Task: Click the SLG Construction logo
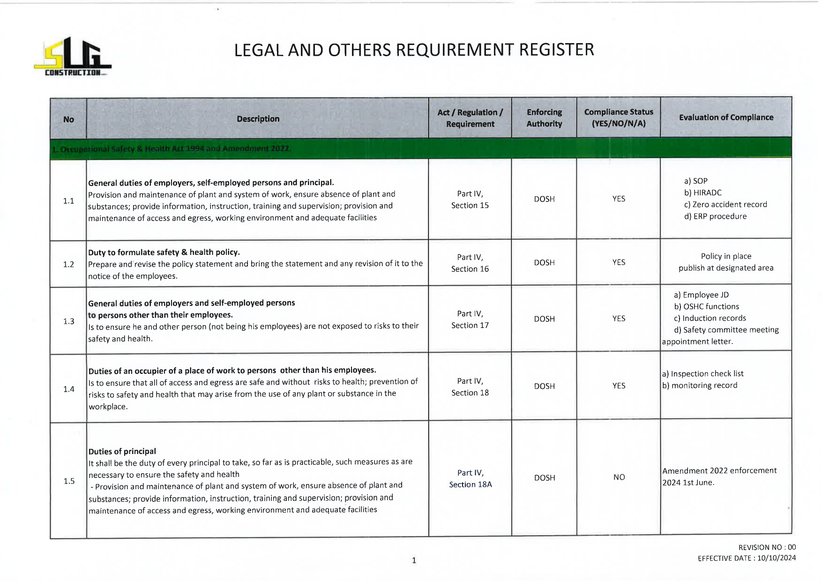click(x=73, y=57)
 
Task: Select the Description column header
click(x=258, y=119)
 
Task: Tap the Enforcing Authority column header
click(x=544, y=118)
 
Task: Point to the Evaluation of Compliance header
click(x=726, y=118)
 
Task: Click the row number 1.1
click(x=68, y=201)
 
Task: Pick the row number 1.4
click(x=69, y=389)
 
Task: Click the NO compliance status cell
click(x=619, y=477)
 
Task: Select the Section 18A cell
click(x=470, y=484)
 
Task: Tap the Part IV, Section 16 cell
click(x=470, y=263)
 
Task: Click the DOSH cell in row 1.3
click(x=544, y=319)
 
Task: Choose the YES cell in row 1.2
click(x=619, y=262)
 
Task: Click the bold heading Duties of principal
click(x=122, y=451)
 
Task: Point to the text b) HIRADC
click(x=702, y=193)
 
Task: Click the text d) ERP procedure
click(x=715, y=216)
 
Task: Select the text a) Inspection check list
click(x=702, y=373)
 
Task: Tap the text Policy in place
click(x=726, y=256)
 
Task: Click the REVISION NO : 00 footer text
click(x=767, y=547)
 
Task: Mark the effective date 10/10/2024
click(x=776, y=558)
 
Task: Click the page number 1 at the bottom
click(x=414, y=560)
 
